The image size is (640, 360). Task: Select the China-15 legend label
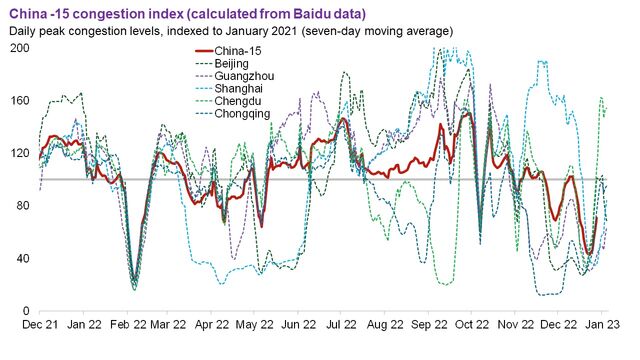(x=240, y=50)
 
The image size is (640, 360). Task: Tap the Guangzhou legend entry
(x=245, y=76)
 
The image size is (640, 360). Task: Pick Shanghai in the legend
(x=242, y=89)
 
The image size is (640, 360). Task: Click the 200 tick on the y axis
(x=19, y=49)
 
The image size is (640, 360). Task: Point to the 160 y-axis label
(x=19, y=101)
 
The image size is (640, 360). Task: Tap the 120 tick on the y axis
(x=19, y=153)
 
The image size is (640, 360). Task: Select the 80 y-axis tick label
(x=22, y=206)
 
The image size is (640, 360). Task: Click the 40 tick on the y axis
(x=22, y=258)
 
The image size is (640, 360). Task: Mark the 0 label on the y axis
(x=26, y=310)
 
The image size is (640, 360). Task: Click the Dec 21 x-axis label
(x=40, y=325)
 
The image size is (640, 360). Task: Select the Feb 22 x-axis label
(x=124, y=325)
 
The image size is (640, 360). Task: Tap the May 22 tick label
(x=251, y=325)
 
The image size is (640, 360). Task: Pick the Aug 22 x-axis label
(x=380, y=325)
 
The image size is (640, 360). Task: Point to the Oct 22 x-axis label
(x=464, y=325)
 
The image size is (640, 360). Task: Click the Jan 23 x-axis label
(x=592, y=325)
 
